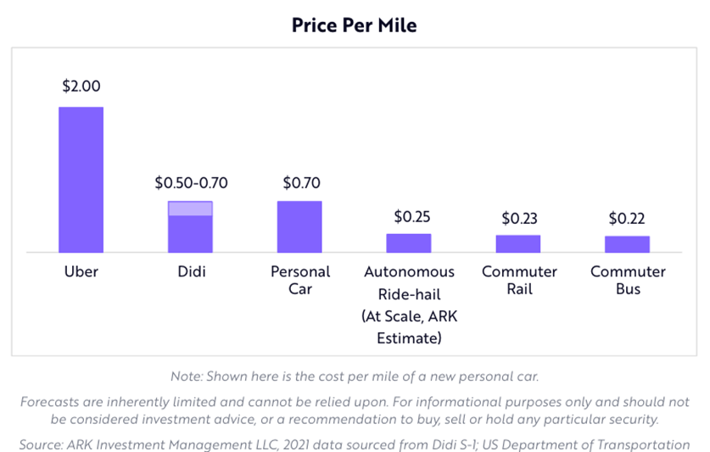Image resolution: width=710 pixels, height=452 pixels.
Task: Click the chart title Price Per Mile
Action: [355, 25]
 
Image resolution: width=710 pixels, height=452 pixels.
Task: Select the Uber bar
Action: [81, 180]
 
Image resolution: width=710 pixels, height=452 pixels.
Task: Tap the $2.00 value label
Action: [81, 86]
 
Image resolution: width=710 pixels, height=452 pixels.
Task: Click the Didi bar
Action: [190, 233]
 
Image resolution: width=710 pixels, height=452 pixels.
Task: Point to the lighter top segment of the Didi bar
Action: [190, 209]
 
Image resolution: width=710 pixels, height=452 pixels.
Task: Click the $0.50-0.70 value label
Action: [191, 182]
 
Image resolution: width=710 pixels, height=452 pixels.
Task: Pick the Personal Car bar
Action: [299, 226]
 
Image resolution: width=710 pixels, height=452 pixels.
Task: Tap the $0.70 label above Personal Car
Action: [300, 182]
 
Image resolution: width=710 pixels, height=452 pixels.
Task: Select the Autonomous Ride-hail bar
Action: [409, 243]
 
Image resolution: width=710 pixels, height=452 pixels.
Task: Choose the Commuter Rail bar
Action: [518, 244]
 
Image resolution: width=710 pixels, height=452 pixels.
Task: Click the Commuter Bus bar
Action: [627, 244]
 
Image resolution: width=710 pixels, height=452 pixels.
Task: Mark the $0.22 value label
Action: [627, 219]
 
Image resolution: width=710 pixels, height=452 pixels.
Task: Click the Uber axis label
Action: [81, 272]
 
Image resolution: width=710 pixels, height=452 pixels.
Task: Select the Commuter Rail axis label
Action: [519, 281]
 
